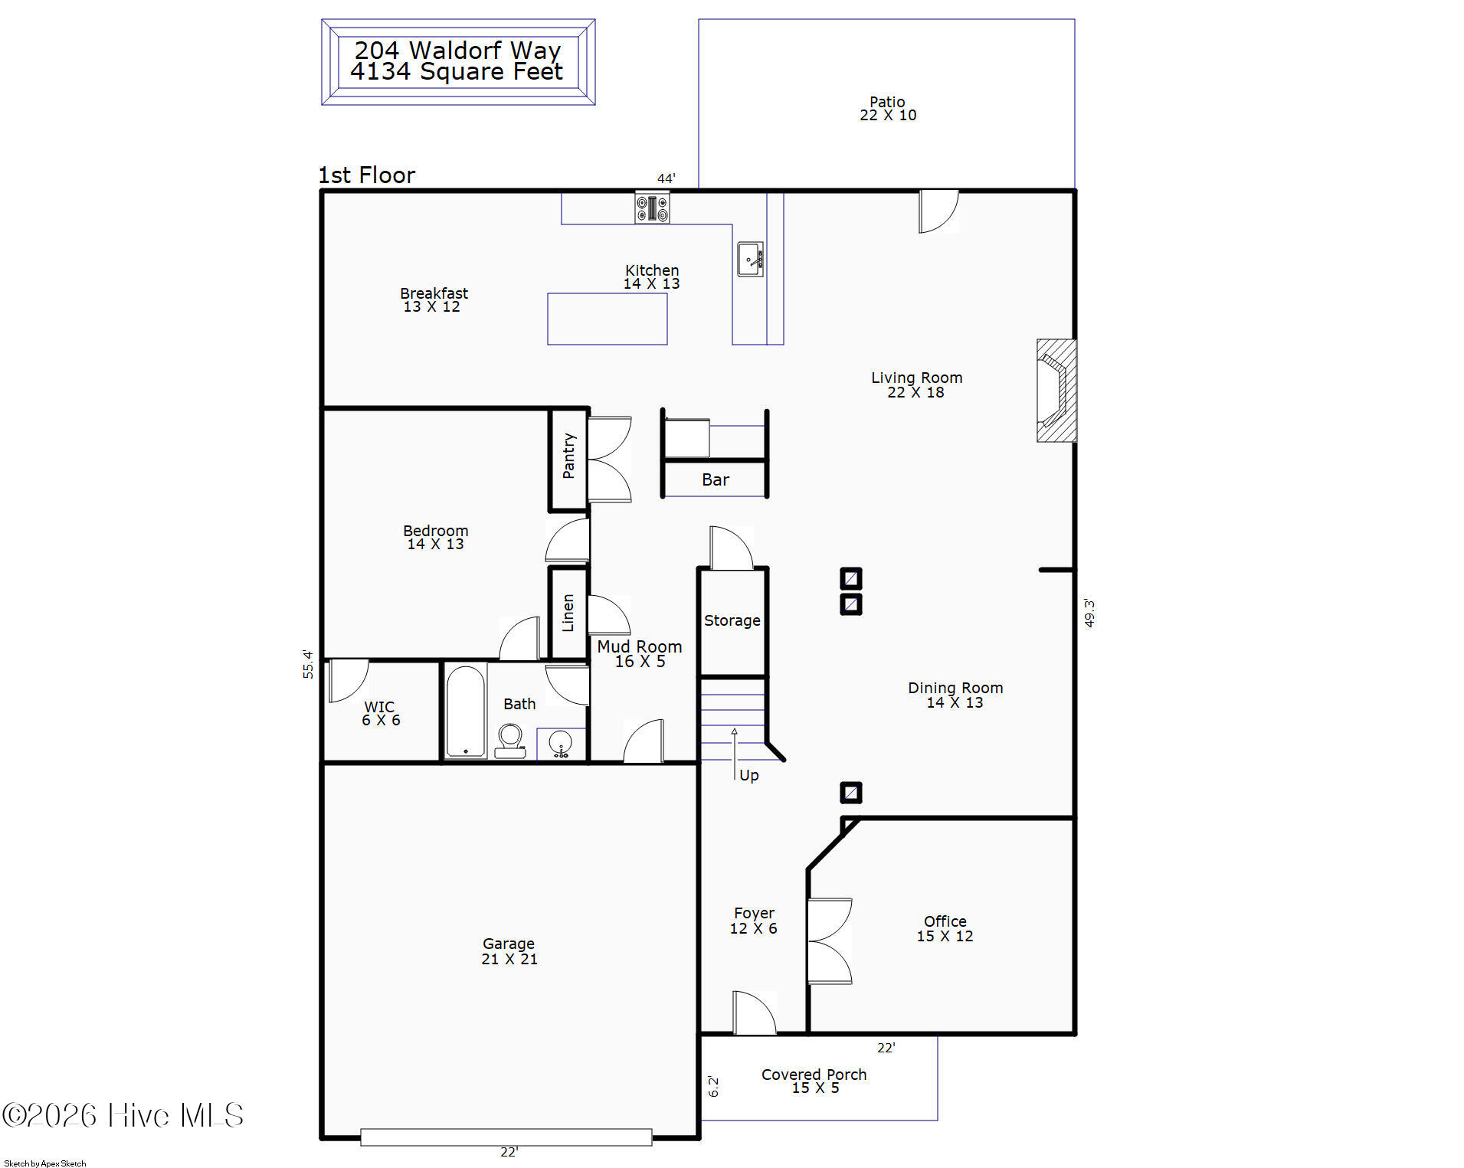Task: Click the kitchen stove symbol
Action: point(652,208)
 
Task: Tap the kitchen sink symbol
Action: point(750,259)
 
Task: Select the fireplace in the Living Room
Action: point(1056,391)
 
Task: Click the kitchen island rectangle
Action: point(608,319)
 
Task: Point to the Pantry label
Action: point(568,456)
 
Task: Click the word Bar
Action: point(716,480)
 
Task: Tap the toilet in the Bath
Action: point(510,741)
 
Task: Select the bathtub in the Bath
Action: point(466,712)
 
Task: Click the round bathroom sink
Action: point(561,744)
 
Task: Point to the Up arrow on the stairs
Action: point(734,754)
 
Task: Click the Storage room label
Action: point(732,620)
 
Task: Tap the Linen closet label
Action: point(568,613)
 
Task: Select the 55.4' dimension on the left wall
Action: point(308,664)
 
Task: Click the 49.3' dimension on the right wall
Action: point(1089,613)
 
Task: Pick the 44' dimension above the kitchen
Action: point(666,178)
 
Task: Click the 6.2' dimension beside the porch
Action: point(713,1086)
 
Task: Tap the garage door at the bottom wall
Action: point(506,1137)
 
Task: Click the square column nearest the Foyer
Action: point(851,793)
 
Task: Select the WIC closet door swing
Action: point(348,680)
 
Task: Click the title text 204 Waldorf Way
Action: point(457,51)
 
